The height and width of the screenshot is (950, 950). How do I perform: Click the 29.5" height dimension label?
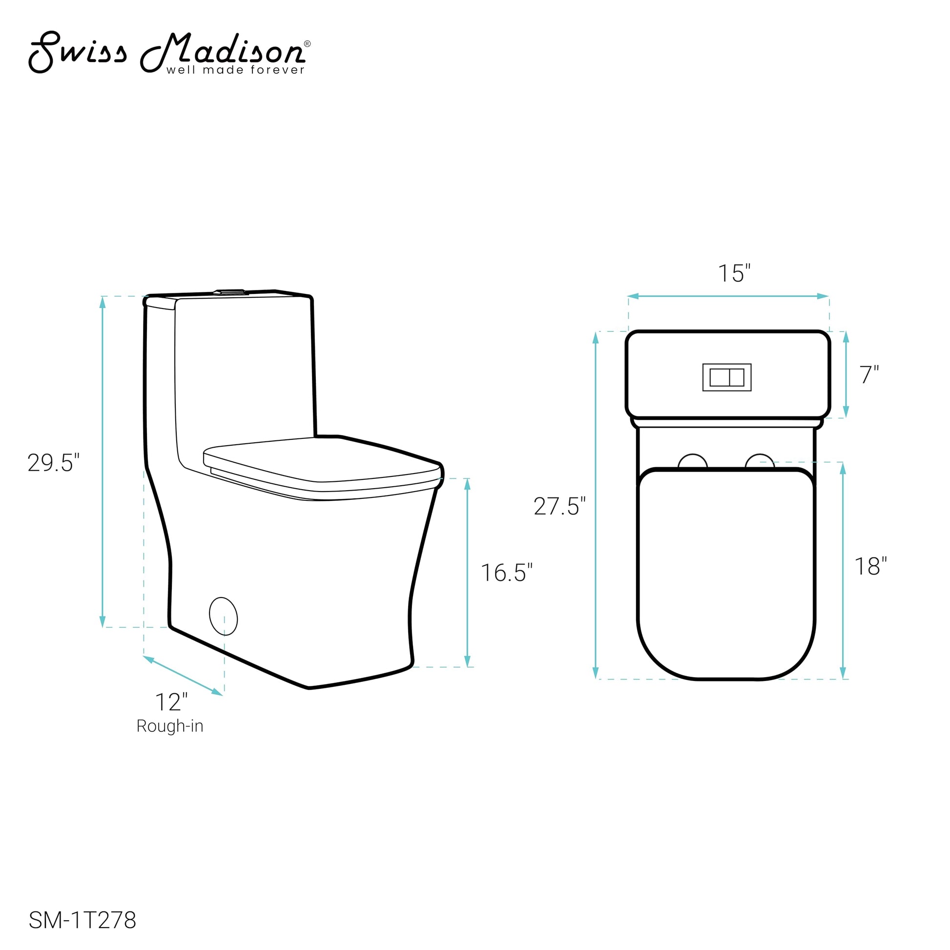(53, 463)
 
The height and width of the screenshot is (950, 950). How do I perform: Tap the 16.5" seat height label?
(506, 573)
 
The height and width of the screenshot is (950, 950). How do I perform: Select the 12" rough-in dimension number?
(171, 702)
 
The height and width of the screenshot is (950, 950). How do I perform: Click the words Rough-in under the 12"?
(170, 726)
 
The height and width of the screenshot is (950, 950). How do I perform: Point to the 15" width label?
(735, 273)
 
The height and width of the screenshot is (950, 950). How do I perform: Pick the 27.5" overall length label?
(559, 506)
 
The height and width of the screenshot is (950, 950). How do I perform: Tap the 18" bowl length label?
(871, 566)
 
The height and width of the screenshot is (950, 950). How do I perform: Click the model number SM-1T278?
(83, 921)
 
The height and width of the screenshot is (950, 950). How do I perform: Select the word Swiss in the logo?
(78, 52)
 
